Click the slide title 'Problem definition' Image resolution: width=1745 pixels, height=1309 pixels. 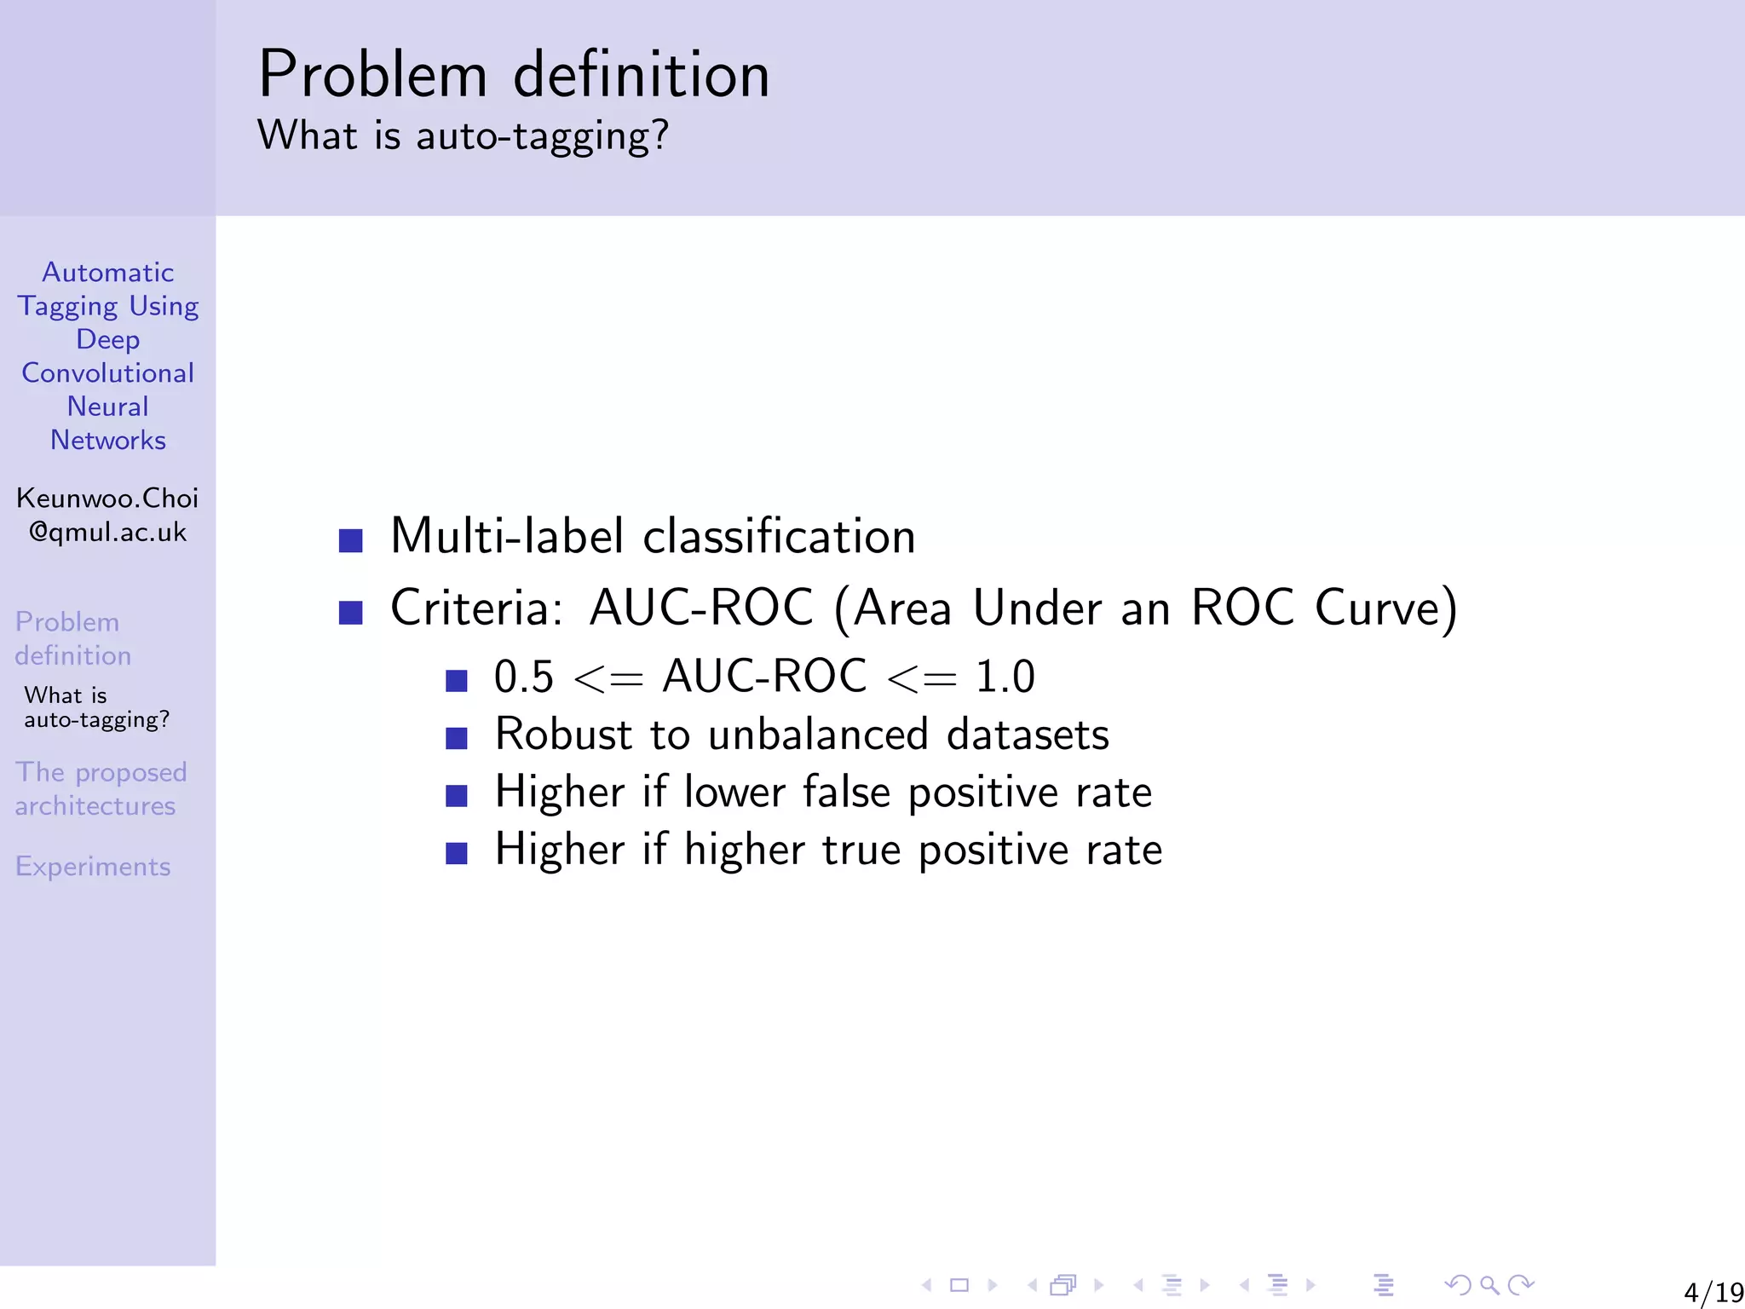pos(514,75)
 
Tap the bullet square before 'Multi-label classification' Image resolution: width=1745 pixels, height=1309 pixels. pos(350,540)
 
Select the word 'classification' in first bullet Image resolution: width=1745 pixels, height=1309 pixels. pos(779,537)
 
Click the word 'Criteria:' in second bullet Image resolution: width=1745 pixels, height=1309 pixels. pos(476,608)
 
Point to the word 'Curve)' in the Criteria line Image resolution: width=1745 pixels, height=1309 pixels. pos(1385,608)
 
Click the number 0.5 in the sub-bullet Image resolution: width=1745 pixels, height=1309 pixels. pos(523,678)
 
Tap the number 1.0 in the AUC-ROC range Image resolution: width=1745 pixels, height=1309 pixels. pos(1005,678)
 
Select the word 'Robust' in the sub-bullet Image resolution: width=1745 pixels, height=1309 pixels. pos(563,735)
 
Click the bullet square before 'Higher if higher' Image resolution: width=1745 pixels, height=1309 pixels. pos(457,853)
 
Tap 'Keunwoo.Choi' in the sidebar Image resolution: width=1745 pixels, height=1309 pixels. pos(107,499)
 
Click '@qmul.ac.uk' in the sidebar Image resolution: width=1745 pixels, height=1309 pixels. pos(107,533)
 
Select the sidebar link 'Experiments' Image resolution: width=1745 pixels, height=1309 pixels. pos(93,867)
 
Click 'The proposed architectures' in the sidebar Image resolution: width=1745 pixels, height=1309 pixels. pos(100,789)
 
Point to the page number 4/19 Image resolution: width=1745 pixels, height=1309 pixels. pos(1713,1292)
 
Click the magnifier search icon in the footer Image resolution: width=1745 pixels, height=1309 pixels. pos(1489,1285)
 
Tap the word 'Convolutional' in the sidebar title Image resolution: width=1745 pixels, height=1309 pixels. pos(107,373)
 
